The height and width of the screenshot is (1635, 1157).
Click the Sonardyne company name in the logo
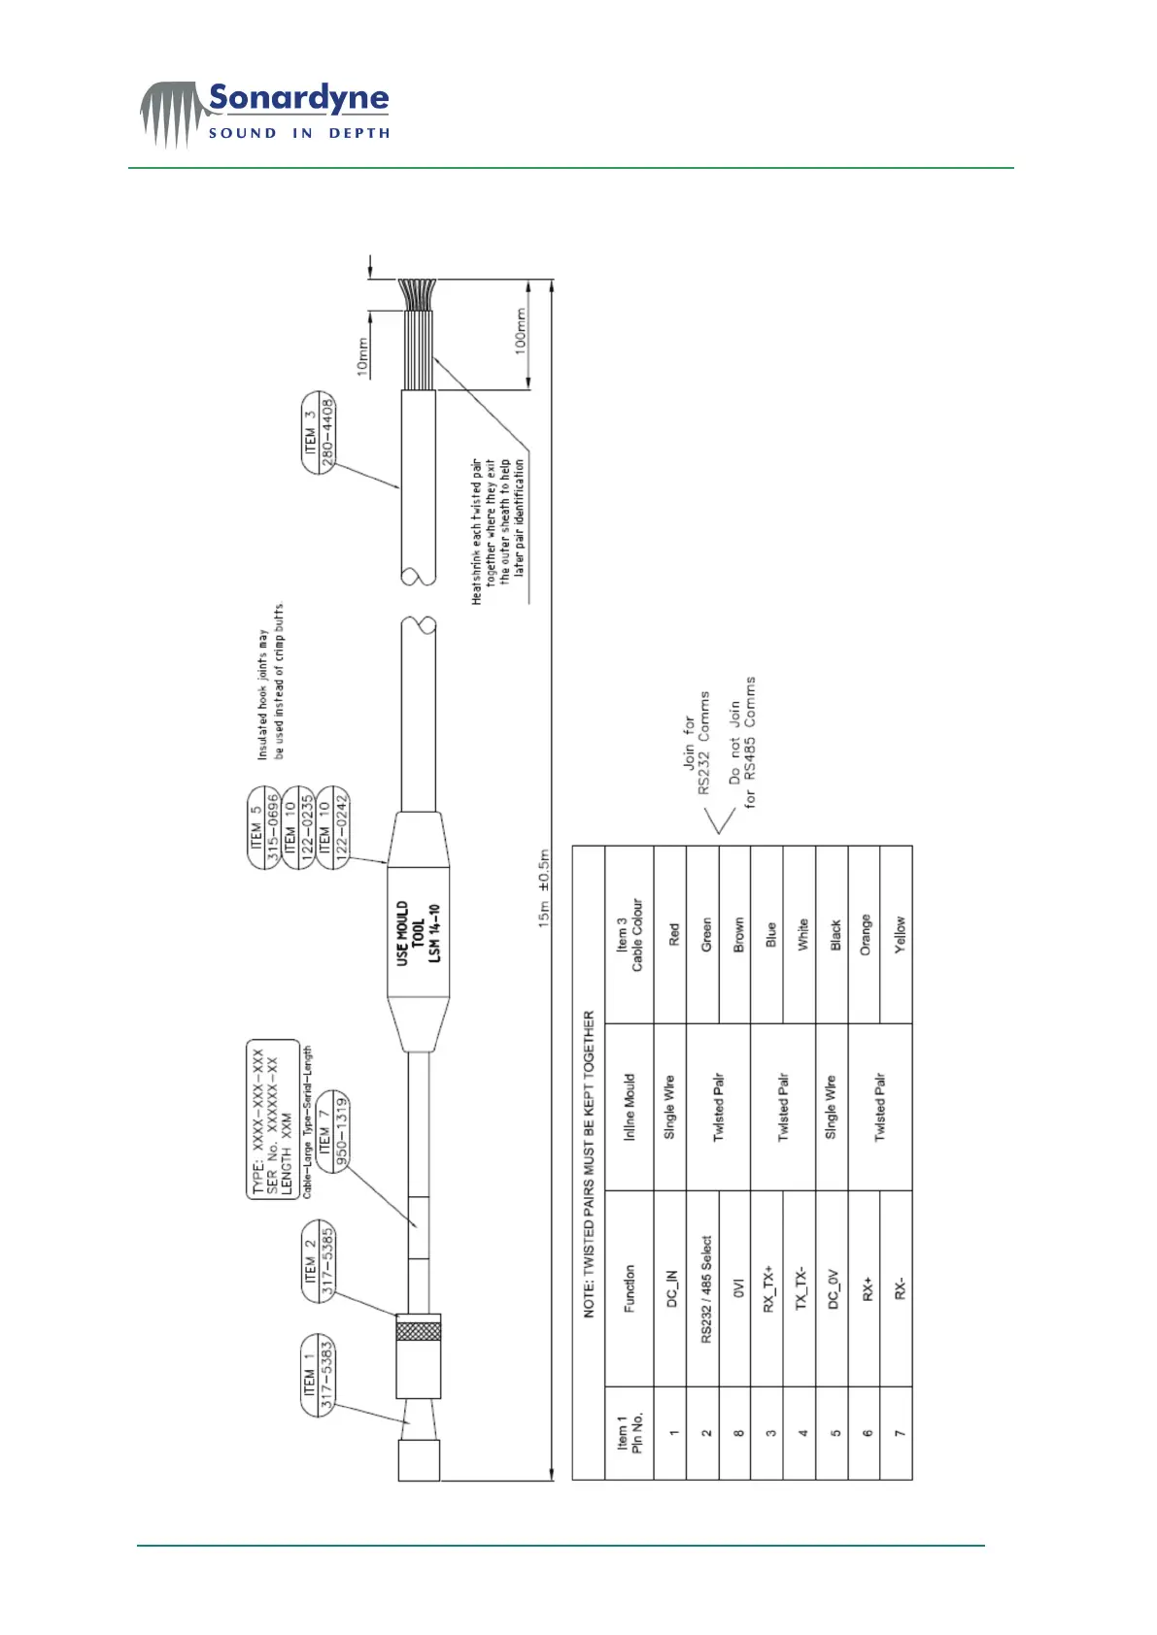pos(298,98)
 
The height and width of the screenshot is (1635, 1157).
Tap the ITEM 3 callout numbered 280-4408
pos(319,432)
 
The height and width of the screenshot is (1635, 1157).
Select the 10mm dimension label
pos(362,357)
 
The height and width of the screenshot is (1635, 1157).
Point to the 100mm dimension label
pos(520,331)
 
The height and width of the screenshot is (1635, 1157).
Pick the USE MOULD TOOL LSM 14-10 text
pos(418,933)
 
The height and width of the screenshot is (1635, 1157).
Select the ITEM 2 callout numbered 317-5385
pos(319,1260)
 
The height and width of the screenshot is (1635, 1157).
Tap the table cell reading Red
pos(673,935)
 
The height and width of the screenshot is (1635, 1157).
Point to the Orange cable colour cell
pos(866,934)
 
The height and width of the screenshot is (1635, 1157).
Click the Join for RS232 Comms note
pos(696,743)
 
